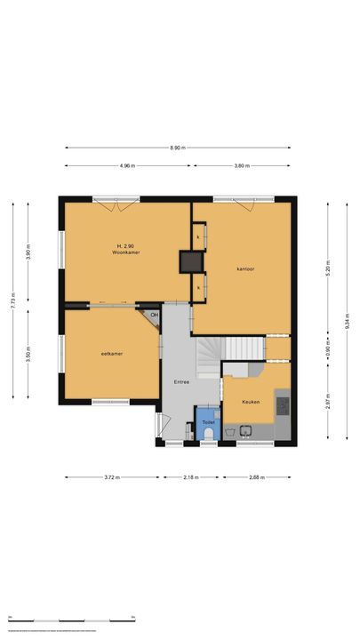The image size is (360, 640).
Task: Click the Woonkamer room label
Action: [126, 252]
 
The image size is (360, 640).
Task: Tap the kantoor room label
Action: [245, 268]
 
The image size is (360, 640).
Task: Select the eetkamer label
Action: [111, 354]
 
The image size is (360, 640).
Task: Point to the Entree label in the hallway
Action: [180, 380]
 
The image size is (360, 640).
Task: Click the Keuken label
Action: [252, 402]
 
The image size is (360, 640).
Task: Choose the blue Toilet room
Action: [208, 428]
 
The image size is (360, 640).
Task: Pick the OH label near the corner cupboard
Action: [154, 315]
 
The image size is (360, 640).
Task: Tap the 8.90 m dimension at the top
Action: [178, 148]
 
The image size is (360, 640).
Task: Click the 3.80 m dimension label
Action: [241, 165]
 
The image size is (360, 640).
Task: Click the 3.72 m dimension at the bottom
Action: [112, 477]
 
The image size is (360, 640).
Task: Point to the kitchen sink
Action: [244, 434]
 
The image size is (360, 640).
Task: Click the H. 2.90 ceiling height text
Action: [125, 245]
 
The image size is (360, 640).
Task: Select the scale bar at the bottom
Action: [71, 619]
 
